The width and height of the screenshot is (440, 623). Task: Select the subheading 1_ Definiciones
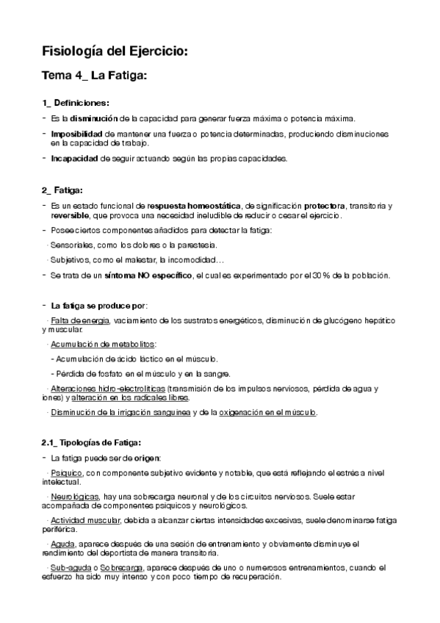click(x=76, y=102)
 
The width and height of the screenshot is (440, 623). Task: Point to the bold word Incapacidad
click(x=75, y=158)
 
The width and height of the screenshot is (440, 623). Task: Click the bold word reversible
click(x=71, y=215)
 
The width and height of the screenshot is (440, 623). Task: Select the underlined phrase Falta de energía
click(x=79, y=321)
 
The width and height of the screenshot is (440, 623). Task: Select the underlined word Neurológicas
click(x=76, y=497)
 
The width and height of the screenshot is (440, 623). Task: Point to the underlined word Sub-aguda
click(x=71, y=568)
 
